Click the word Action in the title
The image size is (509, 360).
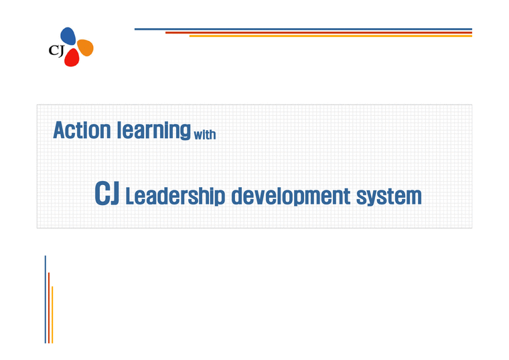[x=81, y=129]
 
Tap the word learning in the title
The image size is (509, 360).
[x=153, y=130]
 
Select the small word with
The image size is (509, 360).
[x=204, y=135]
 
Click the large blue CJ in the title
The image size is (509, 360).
[x=107, y=194]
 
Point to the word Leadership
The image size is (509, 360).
[x=175, y=196]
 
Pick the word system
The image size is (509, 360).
[x=390, y=197]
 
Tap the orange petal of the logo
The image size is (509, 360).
[x=85, y=48]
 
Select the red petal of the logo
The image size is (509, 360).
[x=71, y=58]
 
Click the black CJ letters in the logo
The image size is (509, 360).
[x=56, y=50]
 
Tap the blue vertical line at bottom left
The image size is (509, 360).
[x=45, y=298]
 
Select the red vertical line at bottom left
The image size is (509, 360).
[x=48, y=307]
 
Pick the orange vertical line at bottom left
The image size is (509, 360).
[x=52, y=314]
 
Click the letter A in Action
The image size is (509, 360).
[x=60, y=129]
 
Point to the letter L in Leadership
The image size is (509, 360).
[x=131, y=196]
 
